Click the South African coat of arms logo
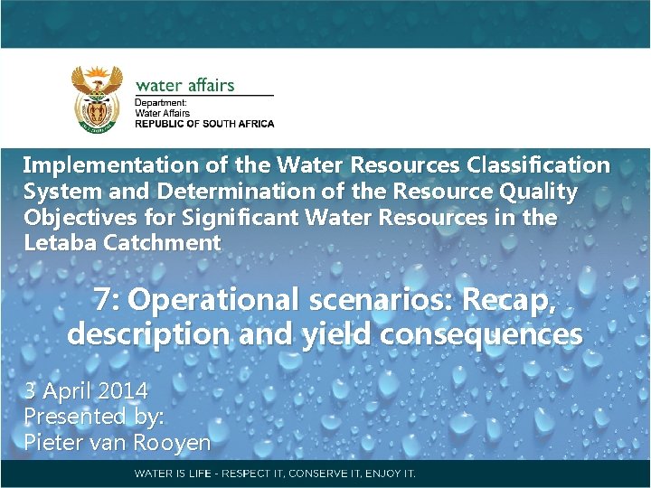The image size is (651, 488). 97,99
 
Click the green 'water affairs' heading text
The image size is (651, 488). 184,86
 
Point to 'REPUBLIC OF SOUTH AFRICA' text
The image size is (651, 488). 204,124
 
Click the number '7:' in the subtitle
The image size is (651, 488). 111,299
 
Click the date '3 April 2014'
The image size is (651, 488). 86,391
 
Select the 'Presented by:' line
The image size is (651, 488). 88,417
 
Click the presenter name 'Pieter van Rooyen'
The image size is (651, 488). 117,443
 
